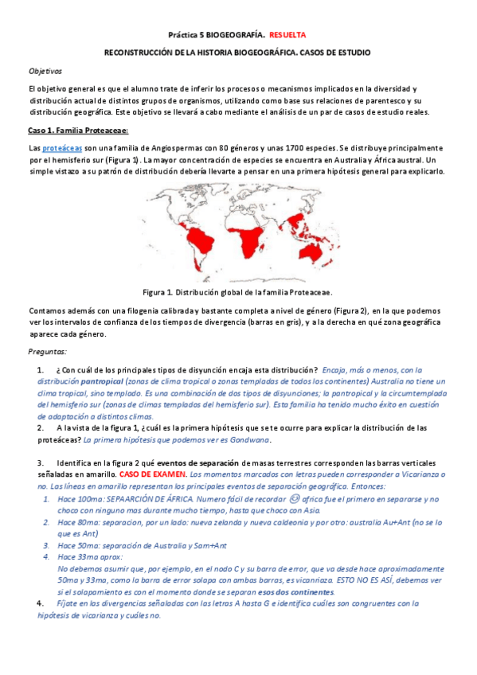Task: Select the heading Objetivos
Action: click(45, 71)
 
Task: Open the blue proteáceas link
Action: click(62, 149)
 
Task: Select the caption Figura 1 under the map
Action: click(237, 292)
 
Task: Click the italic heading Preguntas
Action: click(47, 351)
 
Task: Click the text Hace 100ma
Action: click(79, 498)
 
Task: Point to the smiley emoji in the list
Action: click(294, 498)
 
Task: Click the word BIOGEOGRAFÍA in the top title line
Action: click(232, 36)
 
